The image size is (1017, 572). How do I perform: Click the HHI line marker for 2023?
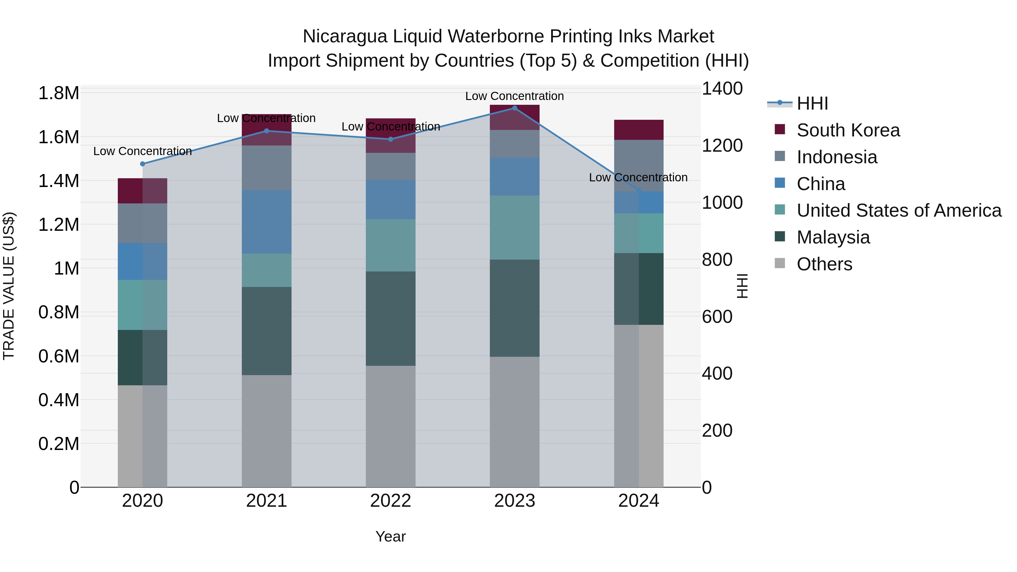pyautogui.click(x=514, y=108)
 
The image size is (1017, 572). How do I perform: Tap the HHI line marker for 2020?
pyautogui.click(x=143, y=164)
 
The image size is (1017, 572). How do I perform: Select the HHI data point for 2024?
pyautogui.click(x=639, y=191)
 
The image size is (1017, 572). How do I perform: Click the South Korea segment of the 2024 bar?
pyautogui.click(x=639, y=130)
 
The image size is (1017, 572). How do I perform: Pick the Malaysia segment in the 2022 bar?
pyautogui.click(x=390, y=319)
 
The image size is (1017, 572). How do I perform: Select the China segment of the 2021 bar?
pyautogui.click(x=266, y=222)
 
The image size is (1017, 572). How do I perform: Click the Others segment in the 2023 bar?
pyautogui.click(x=514, y=422)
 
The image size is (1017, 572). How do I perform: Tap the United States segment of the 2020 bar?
pyautogui.click(x=143, y=305)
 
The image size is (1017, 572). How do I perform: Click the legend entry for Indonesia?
pyautogui.click(x=836, y=157)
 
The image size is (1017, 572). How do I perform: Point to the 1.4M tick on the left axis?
pyautogui.click(x=59, y=181)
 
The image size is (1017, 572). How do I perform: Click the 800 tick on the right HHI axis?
pyautogui.click(x=716, y=260)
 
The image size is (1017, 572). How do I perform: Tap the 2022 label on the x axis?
pyautogui.click(x=390, y=501)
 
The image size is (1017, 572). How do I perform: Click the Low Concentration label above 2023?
pyautogui.click(x=514, y=96)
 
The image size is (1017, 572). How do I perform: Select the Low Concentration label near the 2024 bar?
pyautogui.click(x=638, y=178)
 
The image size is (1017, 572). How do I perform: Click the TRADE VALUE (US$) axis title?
pyautogui.click(x=9, y=286)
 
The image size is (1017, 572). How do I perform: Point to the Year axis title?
pyautogui.click(x=390, y=536)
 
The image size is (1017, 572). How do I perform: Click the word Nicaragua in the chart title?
pyautogui.click(x=345, y=36)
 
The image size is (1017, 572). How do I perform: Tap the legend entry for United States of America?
pyautogui.click(x=899, y=210)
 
